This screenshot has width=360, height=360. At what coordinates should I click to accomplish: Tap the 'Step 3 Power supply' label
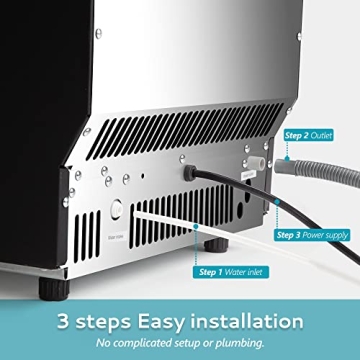click(x=316, y=235)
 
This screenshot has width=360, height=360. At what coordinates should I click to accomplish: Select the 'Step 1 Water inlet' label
click(x=231, y=270)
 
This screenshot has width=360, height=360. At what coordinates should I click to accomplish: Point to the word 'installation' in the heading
click(x=245, y=321)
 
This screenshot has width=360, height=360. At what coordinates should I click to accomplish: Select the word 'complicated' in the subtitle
click(x=154, y=341)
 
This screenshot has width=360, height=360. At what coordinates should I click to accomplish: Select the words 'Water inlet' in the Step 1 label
click(x=244, y=270)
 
